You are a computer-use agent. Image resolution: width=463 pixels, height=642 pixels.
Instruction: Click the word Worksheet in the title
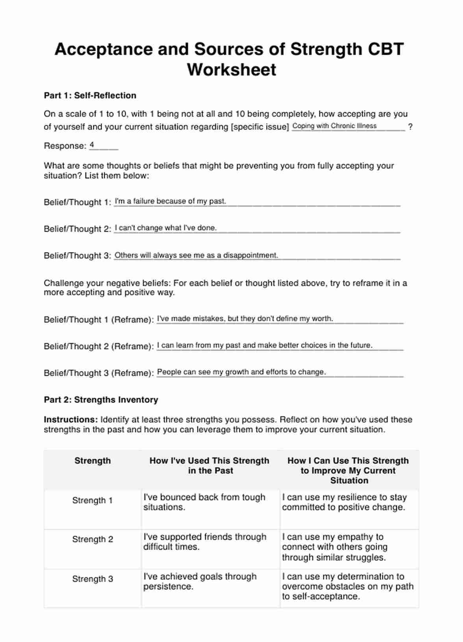231,70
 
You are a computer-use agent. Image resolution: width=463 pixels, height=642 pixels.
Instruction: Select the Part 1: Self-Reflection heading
90,95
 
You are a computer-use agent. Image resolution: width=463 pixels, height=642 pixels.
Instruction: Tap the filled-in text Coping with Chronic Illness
334,126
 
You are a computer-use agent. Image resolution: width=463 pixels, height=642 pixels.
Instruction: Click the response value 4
92,145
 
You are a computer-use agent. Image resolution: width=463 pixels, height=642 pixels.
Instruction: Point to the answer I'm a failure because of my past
170,201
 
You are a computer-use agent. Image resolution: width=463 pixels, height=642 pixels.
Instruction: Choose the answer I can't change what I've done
165,228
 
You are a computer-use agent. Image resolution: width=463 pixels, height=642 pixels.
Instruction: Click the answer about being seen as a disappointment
196,255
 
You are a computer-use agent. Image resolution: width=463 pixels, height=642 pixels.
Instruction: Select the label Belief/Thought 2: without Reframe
78,229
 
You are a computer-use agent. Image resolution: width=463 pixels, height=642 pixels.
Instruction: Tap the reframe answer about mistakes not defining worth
245,319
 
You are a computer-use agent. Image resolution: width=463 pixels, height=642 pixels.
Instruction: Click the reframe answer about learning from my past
265,345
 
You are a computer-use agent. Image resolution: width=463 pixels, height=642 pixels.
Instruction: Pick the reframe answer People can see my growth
241,372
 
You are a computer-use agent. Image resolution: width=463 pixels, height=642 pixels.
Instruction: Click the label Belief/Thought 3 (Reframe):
99,373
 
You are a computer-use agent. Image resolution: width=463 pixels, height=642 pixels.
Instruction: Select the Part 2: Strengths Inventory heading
101,400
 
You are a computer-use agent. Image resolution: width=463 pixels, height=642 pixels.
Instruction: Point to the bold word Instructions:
70,419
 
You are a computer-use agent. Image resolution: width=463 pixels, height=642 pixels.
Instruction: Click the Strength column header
93,461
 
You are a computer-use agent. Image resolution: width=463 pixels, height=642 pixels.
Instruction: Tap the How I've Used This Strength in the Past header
209,466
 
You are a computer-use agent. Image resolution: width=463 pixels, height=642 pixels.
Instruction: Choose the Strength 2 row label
93,539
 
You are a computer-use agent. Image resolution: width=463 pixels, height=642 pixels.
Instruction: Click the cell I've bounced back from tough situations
204,502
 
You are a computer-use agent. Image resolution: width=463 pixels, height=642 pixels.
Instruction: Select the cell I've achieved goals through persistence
200,581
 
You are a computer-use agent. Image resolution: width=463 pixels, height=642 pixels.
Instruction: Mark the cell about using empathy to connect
334,547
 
